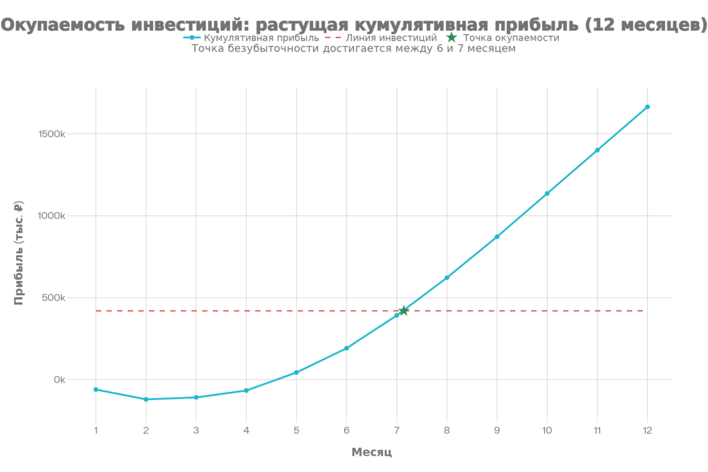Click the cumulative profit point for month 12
pyautogui.click(x=647, y=107)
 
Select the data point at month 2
pyautogui.click(x=146, y=399)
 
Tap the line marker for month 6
pyautogui.click(x=346, y=348)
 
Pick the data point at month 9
pyautogui.click(x=496, y=237)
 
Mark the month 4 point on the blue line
pyautogui.click(x=246, y=390)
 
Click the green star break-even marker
pyautogui.click(x=404, y=310)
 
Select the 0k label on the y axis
pyautogui.click(x=60, y=380)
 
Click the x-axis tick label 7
pyautogui.click(x=396, y=430)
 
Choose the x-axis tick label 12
pyautogui.click(x=647, y=430)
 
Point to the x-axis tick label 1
pyautogui.click(x=95, y=430)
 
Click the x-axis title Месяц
pyautogui.click(x=371, y=453)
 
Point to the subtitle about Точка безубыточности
pyautogui.click(x=353, y=49)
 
